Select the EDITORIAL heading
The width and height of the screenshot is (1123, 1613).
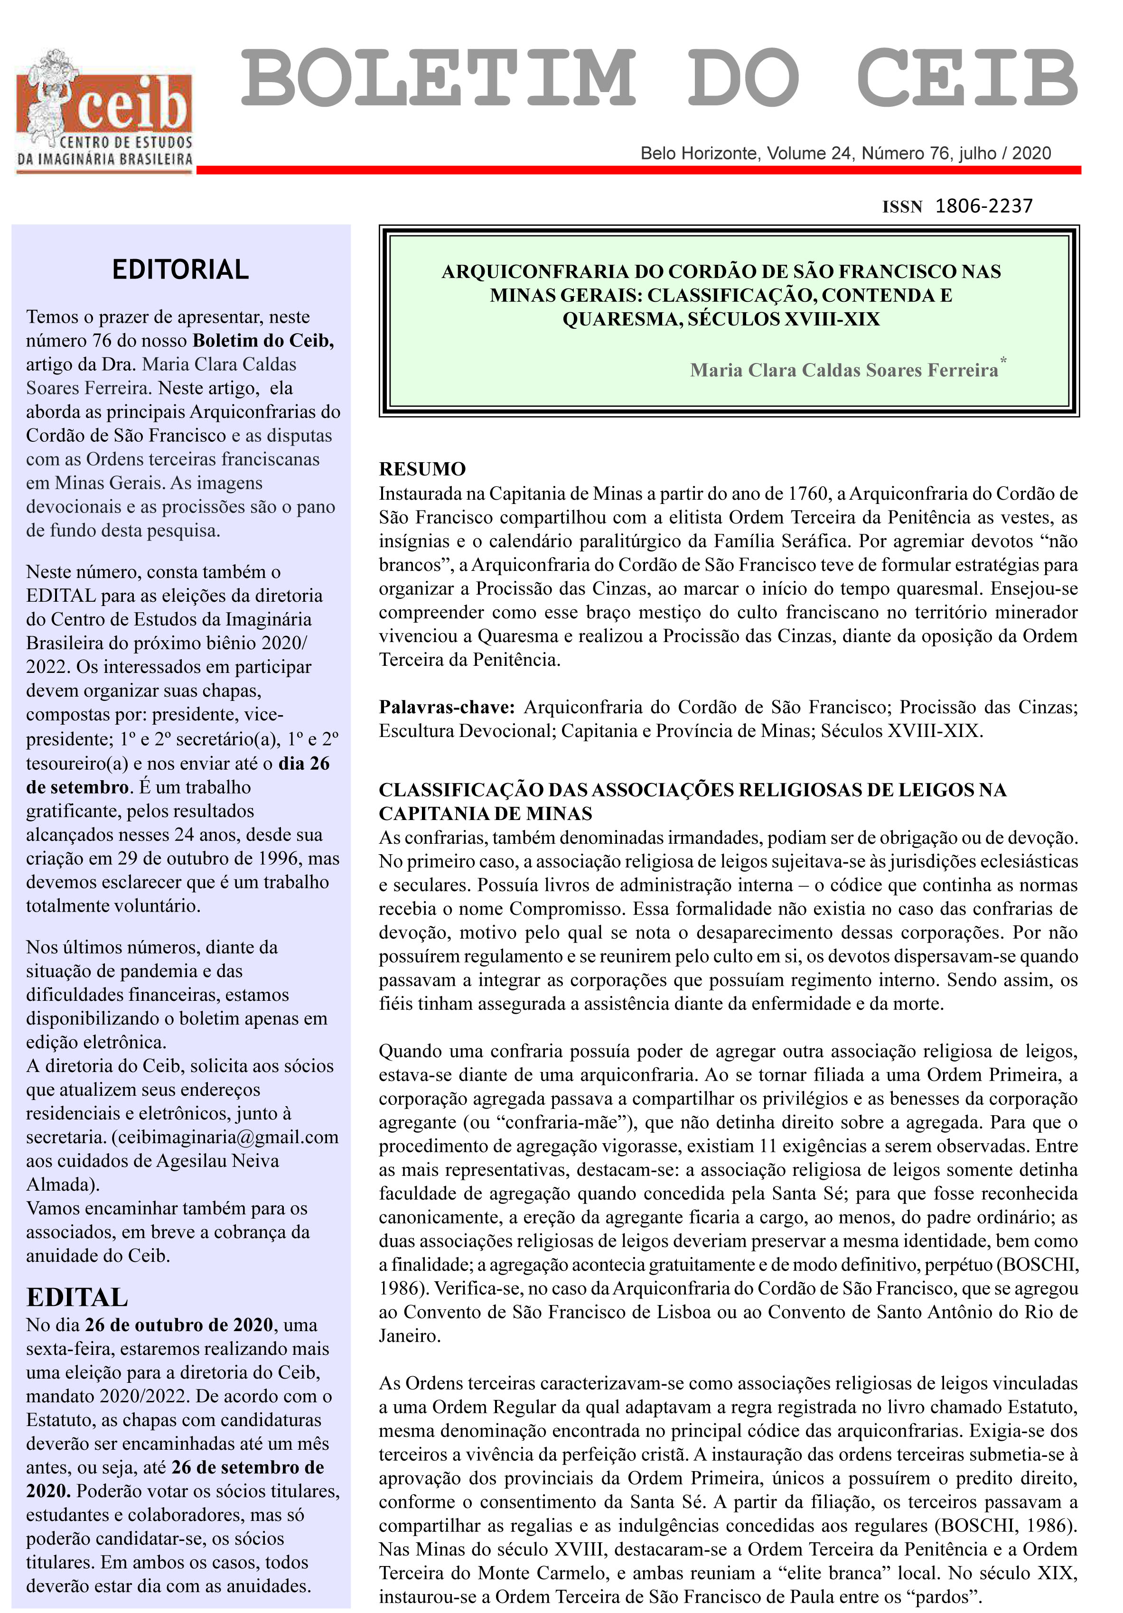click(x=181, y=270)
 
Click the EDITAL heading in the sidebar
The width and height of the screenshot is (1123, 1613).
click(x=77, y=1297)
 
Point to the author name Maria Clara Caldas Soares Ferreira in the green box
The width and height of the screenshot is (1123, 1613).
click(x=843, y=370)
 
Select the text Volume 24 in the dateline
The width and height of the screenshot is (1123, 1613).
click(x=809, y=153)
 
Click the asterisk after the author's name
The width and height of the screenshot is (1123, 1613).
click(x=1003, y=360)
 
